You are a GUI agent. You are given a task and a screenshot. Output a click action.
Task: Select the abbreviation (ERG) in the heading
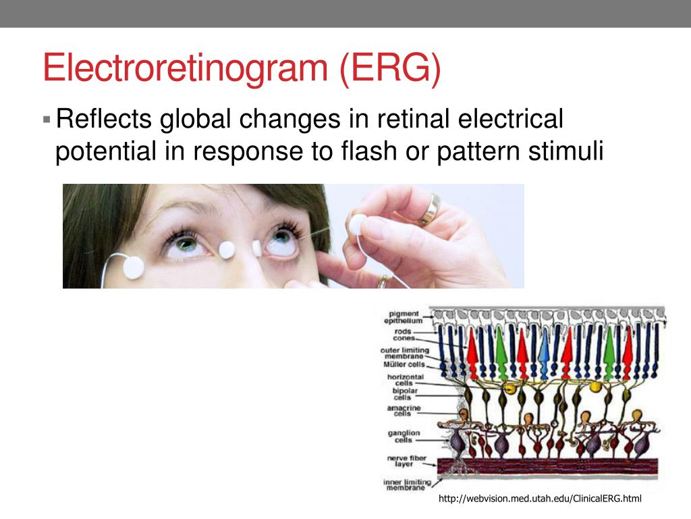[390, 69]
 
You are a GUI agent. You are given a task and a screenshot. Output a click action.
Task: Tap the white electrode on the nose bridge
[227, 249]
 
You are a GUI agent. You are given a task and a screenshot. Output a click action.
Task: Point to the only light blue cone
[544, 351]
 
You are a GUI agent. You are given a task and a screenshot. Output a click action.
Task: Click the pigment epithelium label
[403, 317]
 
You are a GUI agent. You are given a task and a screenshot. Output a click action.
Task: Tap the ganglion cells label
[404, 436]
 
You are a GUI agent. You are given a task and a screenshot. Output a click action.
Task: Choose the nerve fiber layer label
[406, 462]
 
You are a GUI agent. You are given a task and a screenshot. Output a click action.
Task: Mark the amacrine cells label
[404, 411]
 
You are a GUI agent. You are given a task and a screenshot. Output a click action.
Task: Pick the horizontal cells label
[405, 380]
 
